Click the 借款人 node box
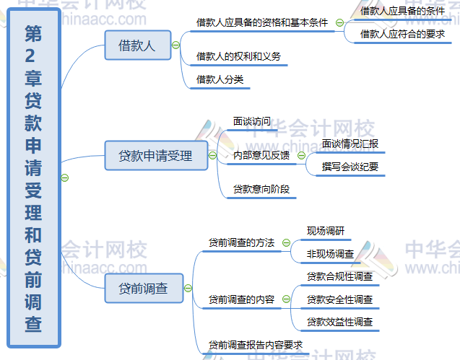[137, 45]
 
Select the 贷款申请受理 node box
[155, 155]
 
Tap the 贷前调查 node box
[143, 288]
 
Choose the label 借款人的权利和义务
[238, 56]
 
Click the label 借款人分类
[220, 79]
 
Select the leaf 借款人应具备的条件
[402, 11]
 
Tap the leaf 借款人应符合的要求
[402, 33]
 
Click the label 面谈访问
[251, 121]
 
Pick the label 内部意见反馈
[261, 155]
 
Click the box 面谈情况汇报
[350, 144]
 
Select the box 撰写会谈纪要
[350, 167]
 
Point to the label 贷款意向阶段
[261, 189]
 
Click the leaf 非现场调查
[330, 253]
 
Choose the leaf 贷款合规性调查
[339, 276]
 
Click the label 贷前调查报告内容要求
[255, 345]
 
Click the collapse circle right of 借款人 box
[175, 45]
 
